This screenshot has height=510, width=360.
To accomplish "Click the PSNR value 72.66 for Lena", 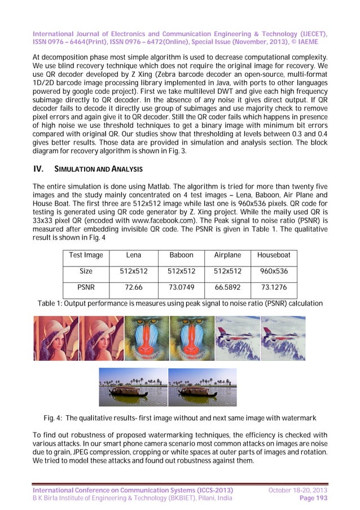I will (x=133, y=287).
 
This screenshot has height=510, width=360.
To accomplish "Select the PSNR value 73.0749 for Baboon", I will (x=181, y=287).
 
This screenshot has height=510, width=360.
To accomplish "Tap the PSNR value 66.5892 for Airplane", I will (x=228, y=287).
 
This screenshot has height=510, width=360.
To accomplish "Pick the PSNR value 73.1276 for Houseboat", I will (x=274, y=287).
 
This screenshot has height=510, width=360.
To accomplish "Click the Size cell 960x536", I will (x=274, y=271).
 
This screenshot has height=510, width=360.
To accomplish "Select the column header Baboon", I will (x=181, y=255).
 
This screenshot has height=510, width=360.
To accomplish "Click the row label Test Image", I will (x=86, y=255).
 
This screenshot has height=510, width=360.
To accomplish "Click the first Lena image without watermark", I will (x=55, y=338).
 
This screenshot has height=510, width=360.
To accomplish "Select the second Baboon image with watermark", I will (x=192, y=338).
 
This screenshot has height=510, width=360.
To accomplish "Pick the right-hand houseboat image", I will (x=202, y=387).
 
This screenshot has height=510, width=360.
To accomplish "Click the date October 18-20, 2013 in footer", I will (x=297, y=489).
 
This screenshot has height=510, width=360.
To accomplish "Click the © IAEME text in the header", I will (x=309, y=41).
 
